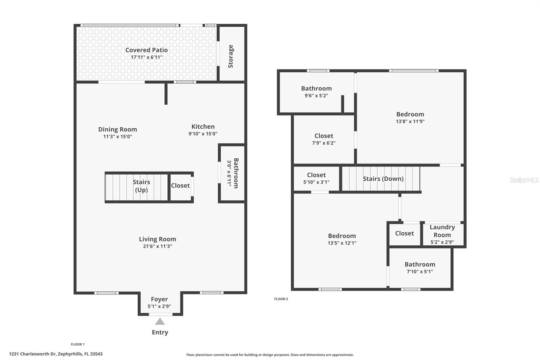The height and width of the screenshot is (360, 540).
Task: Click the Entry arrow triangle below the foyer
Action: point(160,322)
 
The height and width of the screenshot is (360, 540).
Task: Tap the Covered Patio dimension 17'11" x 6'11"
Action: point(146,57)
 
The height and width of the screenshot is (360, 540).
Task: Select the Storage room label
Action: point(231,56)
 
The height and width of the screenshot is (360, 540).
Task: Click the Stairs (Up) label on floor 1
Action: point(141,186)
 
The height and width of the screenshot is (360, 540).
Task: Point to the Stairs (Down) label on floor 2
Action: point(383,179)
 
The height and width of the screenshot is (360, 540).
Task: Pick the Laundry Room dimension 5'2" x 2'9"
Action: point(442,242)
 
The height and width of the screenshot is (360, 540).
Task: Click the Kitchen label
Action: point(203,127)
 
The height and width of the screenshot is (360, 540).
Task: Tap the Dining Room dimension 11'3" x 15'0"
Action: point(117,137)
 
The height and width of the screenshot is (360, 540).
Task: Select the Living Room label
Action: point(157,239)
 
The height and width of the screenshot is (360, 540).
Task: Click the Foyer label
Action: point(159,299)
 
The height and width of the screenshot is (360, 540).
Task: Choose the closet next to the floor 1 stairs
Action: point(180,185)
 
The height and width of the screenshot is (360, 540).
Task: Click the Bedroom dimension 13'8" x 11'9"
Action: point(410,122)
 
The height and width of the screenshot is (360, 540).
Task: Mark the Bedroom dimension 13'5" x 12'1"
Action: point(342,243)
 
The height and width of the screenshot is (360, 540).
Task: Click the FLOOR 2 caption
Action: point(281,299)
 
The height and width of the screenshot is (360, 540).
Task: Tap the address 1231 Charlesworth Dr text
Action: point(56,354)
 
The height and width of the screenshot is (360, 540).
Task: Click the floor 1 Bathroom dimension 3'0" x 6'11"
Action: point(229,173)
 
